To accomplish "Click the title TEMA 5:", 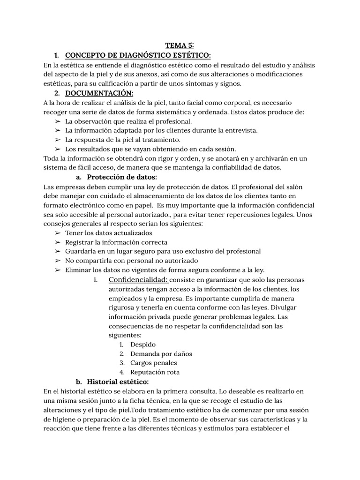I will (180, 46).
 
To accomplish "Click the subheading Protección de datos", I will (122, 177).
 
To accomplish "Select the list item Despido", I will (143, 345).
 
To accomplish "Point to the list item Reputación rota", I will (155, 372).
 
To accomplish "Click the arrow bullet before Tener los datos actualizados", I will (58, 233).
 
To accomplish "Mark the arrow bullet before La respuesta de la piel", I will (58, 140).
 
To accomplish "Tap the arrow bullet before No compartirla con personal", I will (58, 261).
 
